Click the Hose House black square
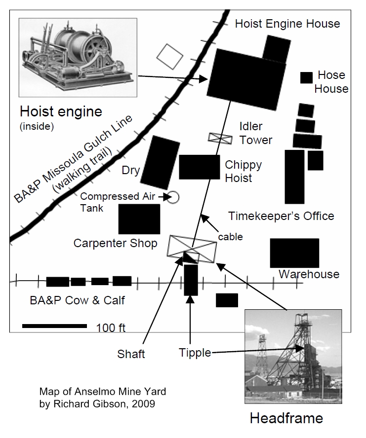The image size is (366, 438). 307,77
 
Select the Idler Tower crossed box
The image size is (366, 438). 220,139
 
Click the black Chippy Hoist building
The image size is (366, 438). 199,167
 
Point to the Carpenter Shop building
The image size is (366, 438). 139,219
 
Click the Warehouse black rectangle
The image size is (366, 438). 294,253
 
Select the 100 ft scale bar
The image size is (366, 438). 54,326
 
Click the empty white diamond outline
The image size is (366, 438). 170,57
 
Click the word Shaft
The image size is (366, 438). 131,354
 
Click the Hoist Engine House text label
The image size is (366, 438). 287,23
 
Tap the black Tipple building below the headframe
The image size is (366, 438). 191,280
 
